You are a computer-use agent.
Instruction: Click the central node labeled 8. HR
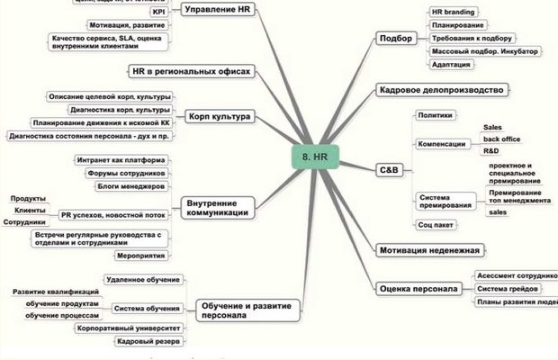pyautogui.click(x=319, y=156)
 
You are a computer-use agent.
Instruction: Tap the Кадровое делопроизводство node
pyautogui.click(x=441, y=90)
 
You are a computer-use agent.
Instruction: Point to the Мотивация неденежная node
pyautogui.click(x=429, y=249)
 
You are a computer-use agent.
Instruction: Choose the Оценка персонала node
pyautogui.click(x=419, y=289)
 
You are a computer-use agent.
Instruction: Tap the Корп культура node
pyautogui.click(x=220, y=116)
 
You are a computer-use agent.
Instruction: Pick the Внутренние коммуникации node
pyautogui.click(x=214, y=207)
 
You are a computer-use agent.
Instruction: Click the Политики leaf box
pyautogui.click(x=436, y=116)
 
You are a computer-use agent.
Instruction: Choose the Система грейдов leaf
pyautogui.click(x=508, y=289)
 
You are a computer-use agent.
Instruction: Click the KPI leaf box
pyautogui.click(x=157, y=13)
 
